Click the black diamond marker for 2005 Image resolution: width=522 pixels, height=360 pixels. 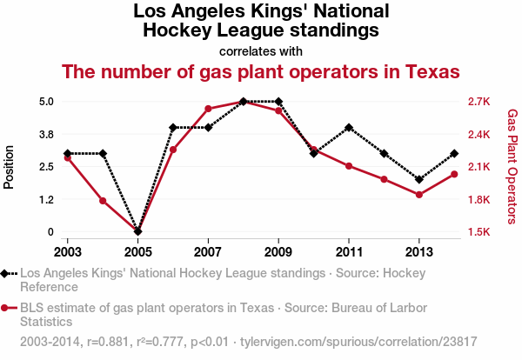pyautogui.click(x=137, y=232)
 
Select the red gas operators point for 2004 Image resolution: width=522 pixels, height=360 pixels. pyautogui.click(x=103, y=201)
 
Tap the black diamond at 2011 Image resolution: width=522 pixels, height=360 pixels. pyautogui.click(x=349, y=128)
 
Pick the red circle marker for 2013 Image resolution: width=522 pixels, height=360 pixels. pyautogui.click(x=419, y=195)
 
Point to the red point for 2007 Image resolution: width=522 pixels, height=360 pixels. pyautogui.click(x=208, y=109)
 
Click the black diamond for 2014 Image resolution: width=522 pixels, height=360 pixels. pyautogui.click(x=454, y=154)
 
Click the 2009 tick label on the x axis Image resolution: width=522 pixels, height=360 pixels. pyautogui.click(x=278, y=251)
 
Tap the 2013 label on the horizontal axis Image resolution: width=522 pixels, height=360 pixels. pyautogui.click(x=419, y=251)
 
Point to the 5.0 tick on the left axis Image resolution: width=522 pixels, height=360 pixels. pyautogui.click(x=46, y=101)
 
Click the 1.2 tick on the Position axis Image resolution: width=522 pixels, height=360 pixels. pyautogui.click(x=46, y=199)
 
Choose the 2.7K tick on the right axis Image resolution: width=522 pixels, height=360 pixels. pyautogui.click(x=480, y=101)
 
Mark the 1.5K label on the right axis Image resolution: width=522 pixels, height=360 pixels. pyautogui.click(x=480, y=232)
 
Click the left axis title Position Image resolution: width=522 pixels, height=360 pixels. pyautogui.click(x=10, y=167)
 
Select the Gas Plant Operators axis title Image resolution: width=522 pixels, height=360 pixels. pyautogui.click(x=512, y=165)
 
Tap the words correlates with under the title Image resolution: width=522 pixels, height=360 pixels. pyautogui.click(x=260, y=50)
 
